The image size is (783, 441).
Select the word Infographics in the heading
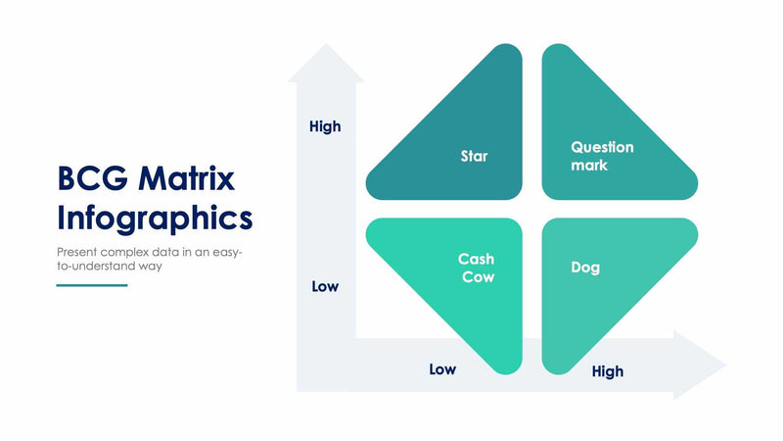click(155, 217)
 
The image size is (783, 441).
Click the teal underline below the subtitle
click(92, 285)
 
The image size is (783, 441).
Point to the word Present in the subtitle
click(79, 251)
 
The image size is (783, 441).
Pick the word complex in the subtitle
click(132, 251)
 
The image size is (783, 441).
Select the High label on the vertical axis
click(325, 126)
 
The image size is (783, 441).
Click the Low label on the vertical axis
click(325, 286)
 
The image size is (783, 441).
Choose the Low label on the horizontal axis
click(442, 369)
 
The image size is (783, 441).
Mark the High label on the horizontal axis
click(607, 371)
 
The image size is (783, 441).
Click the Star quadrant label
click(474, 156)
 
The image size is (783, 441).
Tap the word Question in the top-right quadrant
click(602, 147)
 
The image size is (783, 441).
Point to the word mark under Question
click(589, 165)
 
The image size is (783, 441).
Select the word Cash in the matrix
click(476, 260)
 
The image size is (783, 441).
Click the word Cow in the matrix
click(479, 276)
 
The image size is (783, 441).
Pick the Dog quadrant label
click(585, 268)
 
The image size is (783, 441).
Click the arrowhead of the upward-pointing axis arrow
click(325, 65)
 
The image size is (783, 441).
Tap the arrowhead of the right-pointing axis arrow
click(703, 366)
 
